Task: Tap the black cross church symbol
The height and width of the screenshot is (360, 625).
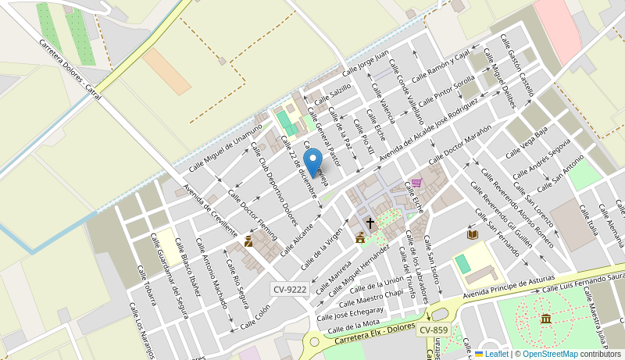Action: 370,223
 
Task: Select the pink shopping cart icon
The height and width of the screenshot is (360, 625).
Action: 416,183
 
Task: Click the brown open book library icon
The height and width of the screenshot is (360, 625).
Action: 472,233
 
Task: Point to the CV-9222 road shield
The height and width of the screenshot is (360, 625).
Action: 289,289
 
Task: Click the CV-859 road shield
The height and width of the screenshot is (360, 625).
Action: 434,330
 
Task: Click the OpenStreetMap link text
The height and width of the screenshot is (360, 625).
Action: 550,354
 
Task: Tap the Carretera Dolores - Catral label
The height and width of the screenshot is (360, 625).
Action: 70,69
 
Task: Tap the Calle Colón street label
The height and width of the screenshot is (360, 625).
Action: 255,316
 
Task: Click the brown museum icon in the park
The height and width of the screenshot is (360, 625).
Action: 545,319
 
